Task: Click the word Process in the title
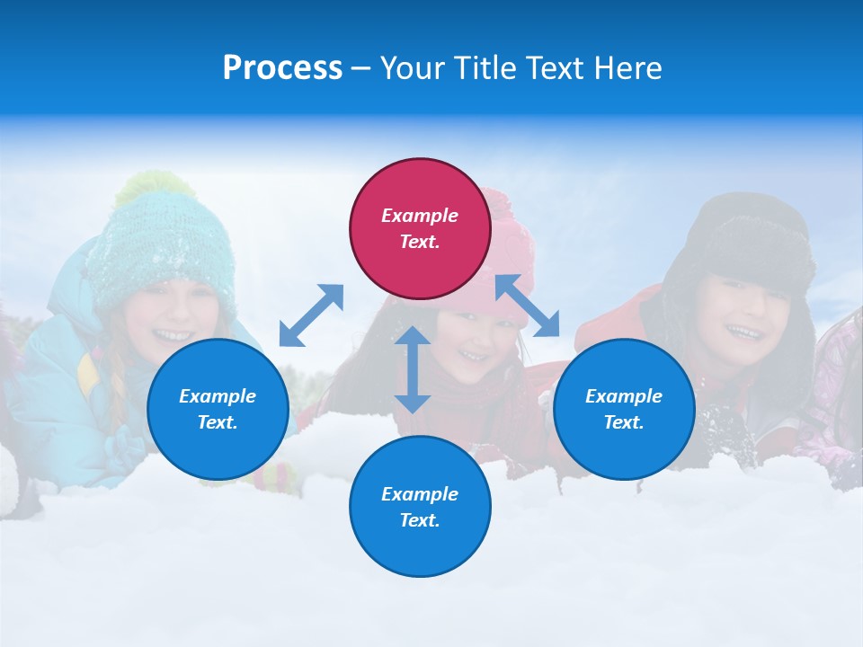282,68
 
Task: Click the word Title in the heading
481,68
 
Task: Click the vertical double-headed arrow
413,369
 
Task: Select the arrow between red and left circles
311,315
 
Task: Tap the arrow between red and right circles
527,306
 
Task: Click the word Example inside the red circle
420,216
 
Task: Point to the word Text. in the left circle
218,422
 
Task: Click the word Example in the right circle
624,396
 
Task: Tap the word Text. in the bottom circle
420,520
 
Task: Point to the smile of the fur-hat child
745,332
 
